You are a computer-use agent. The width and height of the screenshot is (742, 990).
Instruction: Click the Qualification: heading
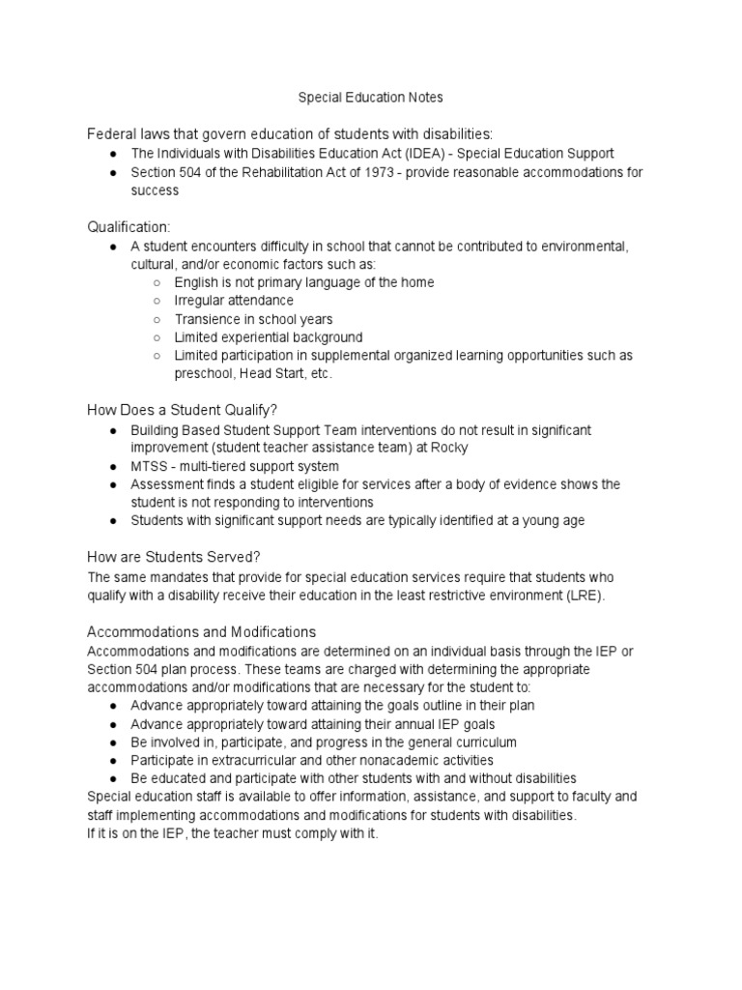pos(128,226)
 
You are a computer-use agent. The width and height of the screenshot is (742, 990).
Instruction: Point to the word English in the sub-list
pos(196,282)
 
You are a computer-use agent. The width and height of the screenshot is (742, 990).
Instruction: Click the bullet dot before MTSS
pos(114,466)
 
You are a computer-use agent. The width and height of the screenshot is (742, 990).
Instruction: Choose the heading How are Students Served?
pos(174,557)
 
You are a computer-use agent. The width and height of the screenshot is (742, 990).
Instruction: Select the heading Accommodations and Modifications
pos(201,631)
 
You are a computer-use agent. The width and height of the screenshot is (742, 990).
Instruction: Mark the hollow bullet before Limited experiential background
pos(157,337)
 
